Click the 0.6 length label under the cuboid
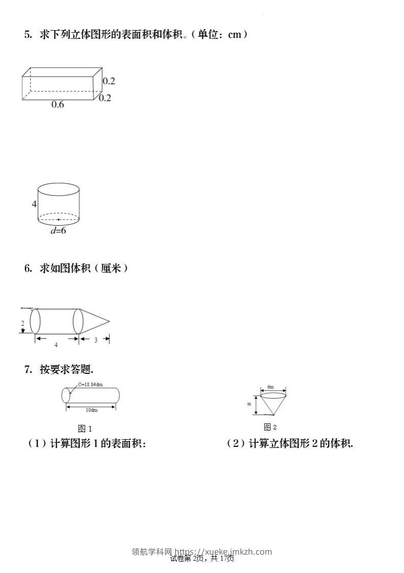(58, 105)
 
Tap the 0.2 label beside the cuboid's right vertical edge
(109, 81)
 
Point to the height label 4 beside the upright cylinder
(34, 204)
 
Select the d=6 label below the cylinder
(58, 231)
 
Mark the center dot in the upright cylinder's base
(59, 220)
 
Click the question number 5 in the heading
(28, 34)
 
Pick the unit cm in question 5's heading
(235, 35)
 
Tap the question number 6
(28, 268)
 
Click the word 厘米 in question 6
(111, 268)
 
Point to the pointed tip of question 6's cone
(110, 322)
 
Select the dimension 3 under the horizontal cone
(95, 340)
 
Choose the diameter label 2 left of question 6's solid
(22, 323)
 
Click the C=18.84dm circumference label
(90, 385)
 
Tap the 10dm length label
(92, 410)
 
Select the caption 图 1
(85, 428)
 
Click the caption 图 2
(270, 427)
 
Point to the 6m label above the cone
(270, 387)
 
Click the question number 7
(28, 369)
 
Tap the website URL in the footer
(223, 552)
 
